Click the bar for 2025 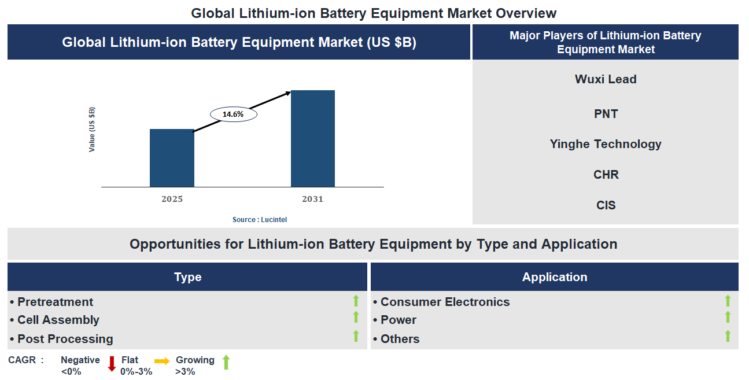click(172, 158)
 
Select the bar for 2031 click(312, 139)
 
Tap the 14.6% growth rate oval click(233, 115)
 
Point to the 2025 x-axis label click(172, 200)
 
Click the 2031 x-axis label click(312, 200)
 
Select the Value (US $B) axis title click(92, 130)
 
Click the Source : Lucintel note click(260, 220)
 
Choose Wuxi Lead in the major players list click(606, 79)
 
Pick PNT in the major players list click(606, 114)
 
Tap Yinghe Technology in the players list click(606, 144)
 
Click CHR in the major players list click(606, 175)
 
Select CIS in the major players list click(606, 205)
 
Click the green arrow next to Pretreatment click(356, 301)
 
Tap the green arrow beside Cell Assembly click(356, 317)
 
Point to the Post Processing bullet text click(65, 339)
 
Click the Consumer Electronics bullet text click(444, 302)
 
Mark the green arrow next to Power click(728, 317)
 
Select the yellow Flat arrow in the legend click(162, 361)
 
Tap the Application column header click(554, 277)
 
